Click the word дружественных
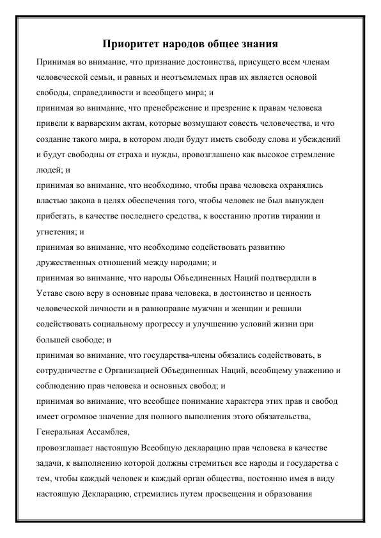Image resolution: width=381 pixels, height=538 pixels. point(70,263)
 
